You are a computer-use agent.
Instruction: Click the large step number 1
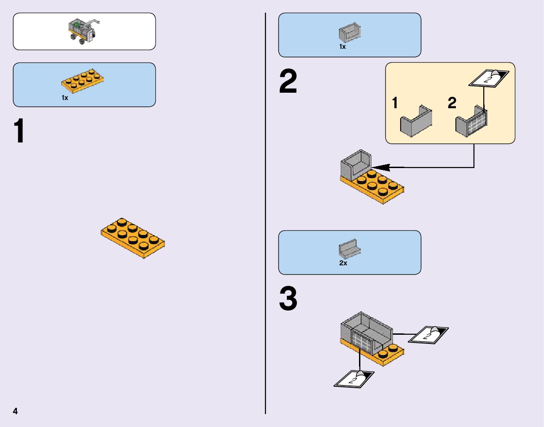(19, 132)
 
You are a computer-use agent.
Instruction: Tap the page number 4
(15, 411)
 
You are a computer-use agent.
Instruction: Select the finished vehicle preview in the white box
(84, 32)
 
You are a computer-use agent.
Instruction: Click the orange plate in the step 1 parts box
(82, 80)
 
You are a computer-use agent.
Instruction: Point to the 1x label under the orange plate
(65, 97)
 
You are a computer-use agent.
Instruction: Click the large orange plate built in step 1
(133, 237)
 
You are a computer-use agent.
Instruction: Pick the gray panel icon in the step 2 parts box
(349, 33)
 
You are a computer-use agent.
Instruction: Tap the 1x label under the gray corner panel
(343, 47)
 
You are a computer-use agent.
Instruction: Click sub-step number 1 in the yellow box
(395, 104)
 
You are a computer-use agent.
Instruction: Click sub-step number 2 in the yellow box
(452, 104)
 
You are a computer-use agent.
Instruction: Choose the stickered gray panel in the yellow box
(472, 121)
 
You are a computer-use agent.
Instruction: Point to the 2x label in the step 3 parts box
(343, 264)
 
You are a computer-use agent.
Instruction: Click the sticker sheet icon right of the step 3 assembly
(428, 336)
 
